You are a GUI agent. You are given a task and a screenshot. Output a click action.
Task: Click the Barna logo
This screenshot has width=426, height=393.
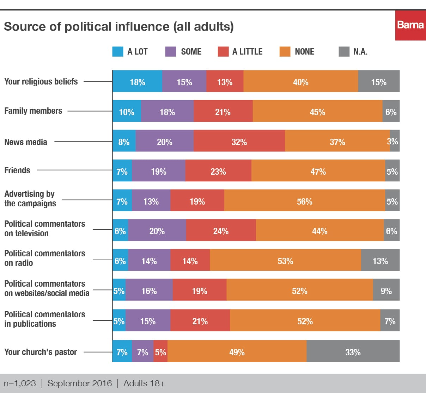click(410, 25)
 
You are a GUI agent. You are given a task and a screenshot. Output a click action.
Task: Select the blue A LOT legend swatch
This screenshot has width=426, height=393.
click(118, 52)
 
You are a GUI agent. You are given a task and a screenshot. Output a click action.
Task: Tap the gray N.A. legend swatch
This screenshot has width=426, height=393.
click(344, 52)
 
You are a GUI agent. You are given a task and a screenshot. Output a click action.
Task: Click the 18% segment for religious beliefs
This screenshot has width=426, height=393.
click(137, 81)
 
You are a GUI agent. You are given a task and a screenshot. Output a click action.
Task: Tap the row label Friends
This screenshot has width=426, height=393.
click(17, 170)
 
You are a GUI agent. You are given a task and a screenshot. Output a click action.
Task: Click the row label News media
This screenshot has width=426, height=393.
click(26, 142)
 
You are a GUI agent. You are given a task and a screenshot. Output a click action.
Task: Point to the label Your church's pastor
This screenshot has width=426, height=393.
click(41, 352)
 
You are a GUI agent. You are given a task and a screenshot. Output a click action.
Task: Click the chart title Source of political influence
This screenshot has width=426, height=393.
click(118, 27)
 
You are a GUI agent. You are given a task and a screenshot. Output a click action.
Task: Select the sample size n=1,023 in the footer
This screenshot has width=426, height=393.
click(20, 383)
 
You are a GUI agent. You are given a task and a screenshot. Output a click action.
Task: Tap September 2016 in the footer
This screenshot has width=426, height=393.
click(80, 383)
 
